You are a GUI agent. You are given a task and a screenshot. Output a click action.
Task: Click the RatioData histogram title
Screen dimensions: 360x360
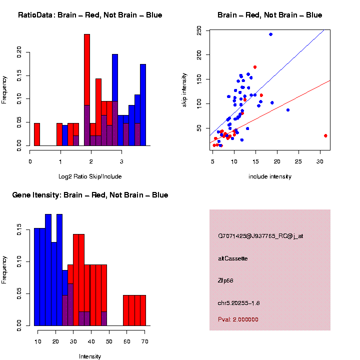tap(90, 15)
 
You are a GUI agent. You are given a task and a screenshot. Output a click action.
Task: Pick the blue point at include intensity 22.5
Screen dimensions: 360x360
tap(287, 110)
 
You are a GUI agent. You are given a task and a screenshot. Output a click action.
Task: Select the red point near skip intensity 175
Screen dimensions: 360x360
tap(255, 67)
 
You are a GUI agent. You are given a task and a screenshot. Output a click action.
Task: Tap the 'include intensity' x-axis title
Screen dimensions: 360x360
tap(270, 176)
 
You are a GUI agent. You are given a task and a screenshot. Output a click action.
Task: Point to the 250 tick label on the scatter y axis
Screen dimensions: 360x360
tap(200, 31)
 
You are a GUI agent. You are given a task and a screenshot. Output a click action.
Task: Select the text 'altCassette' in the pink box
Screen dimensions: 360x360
tap(233, 258)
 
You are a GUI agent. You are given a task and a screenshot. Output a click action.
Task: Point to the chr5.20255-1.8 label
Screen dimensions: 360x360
tap(239, 303)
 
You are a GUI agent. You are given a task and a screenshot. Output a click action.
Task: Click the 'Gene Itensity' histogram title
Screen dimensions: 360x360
tap(90, 195)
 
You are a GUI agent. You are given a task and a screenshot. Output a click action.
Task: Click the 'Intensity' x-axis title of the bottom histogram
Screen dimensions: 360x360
tap(90, 356)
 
